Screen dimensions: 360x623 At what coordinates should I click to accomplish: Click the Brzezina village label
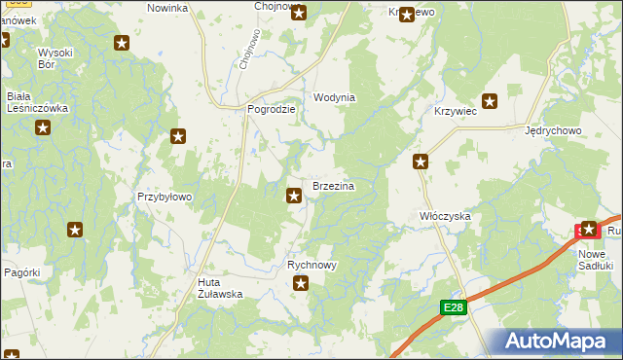332,185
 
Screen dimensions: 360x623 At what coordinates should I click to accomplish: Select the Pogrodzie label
272,110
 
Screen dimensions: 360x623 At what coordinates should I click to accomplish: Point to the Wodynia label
334,98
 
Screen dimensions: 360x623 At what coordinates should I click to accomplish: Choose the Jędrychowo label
552,130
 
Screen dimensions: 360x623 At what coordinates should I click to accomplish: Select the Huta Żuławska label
213,286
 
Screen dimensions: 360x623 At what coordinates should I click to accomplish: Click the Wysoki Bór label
56,58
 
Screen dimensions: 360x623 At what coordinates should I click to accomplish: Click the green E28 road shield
453,307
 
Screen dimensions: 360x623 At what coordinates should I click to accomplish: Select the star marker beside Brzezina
294,197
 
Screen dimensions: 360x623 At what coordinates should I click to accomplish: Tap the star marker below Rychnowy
302,284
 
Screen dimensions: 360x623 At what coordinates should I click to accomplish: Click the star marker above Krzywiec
491,100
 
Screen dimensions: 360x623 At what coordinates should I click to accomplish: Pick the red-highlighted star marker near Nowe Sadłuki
589,230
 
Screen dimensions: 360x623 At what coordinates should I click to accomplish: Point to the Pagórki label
21,272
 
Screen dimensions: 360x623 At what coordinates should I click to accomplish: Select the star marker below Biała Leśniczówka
43,127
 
